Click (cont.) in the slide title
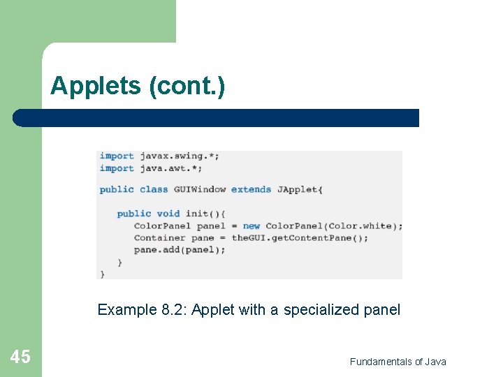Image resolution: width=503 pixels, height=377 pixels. click(x=187, y=87)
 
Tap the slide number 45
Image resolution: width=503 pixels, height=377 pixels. click(x=20, y=357)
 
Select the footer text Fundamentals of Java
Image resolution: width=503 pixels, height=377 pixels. click(x=398, y=362)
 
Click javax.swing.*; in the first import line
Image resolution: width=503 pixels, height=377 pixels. click(x=180, y=156)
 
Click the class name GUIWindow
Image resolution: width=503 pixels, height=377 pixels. click(x=200, y=189)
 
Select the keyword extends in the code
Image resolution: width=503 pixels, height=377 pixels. click(x=251, y=189)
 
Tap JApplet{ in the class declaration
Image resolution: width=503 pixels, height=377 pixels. click(x=300, y=189)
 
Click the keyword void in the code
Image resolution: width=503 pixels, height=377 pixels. click(x=168, y=214)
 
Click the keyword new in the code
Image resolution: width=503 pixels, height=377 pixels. click(x=251, y=226)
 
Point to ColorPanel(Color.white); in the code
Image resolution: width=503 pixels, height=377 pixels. click(x=334, y=226)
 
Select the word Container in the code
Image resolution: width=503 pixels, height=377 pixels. click(x=160, y=238)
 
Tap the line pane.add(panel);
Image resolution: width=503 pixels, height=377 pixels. click(x=180, y=250)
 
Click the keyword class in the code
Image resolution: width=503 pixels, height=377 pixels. click(x=154, y=189)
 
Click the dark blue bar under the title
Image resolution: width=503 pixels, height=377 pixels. click(x=217, y=118)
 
